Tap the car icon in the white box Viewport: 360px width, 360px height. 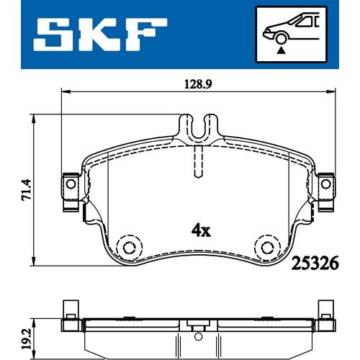[292, 30]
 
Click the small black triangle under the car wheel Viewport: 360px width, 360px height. [281, 50]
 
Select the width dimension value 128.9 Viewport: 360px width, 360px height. [198, 84]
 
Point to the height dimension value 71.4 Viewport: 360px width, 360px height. [26, 189]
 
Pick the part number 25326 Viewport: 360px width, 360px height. [315, 263]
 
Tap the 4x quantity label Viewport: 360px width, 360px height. [201, 231]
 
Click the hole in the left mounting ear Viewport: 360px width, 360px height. [71, 184]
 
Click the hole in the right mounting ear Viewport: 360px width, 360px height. [326, 184]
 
